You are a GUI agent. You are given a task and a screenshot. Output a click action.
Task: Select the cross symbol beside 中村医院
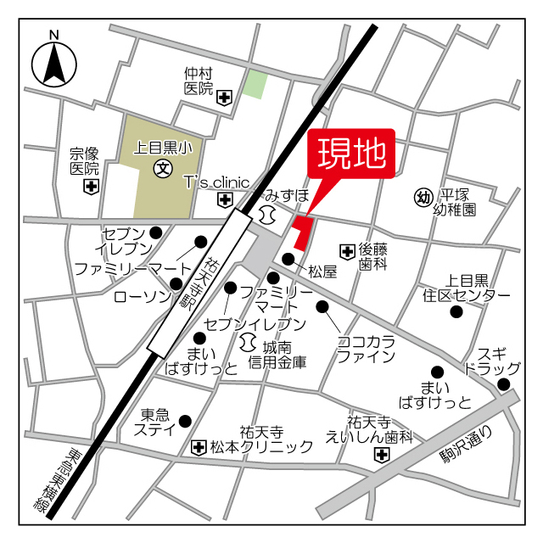[224, 98]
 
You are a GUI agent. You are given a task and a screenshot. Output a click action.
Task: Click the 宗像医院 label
[85, 161]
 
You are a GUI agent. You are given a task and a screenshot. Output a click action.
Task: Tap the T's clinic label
[217, 182]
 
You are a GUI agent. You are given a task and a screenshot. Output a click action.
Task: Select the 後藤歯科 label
[372, 257]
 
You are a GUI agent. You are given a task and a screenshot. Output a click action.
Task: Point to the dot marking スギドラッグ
[503, 384]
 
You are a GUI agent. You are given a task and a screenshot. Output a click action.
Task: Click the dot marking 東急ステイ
[186, 420]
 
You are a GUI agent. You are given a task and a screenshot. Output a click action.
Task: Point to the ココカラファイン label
[367, 348]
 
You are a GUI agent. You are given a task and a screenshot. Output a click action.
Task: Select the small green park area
[255, 84]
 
